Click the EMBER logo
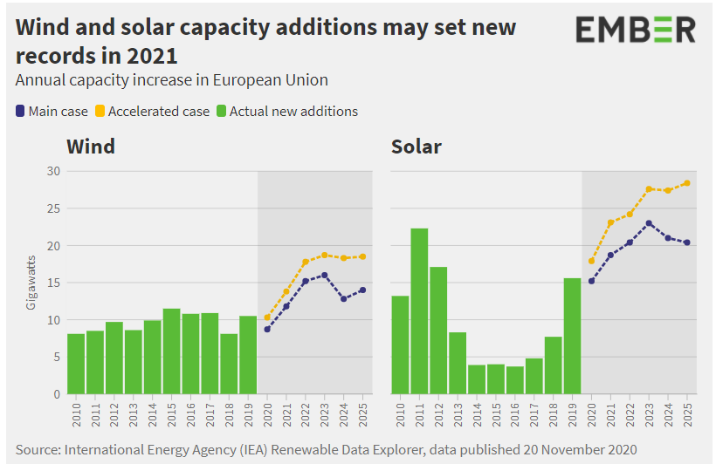[x=636, y=30]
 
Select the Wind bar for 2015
[x=172, y=351]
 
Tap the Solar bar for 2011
[x=419, y=310]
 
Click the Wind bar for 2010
[x=76, y=364]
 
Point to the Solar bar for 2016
[x=515, y=379]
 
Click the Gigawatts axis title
[x=31, y=283]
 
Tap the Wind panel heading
[x=91, y=146]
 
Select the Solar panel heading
[x=416, y=146]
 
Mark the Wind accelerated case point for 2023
[x=325, y=255]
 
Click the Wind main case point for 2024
[x=344, y=298]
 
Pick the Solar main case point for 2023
[x=649, y=223]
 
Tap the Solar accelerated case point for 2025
[x=687, y=182]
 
